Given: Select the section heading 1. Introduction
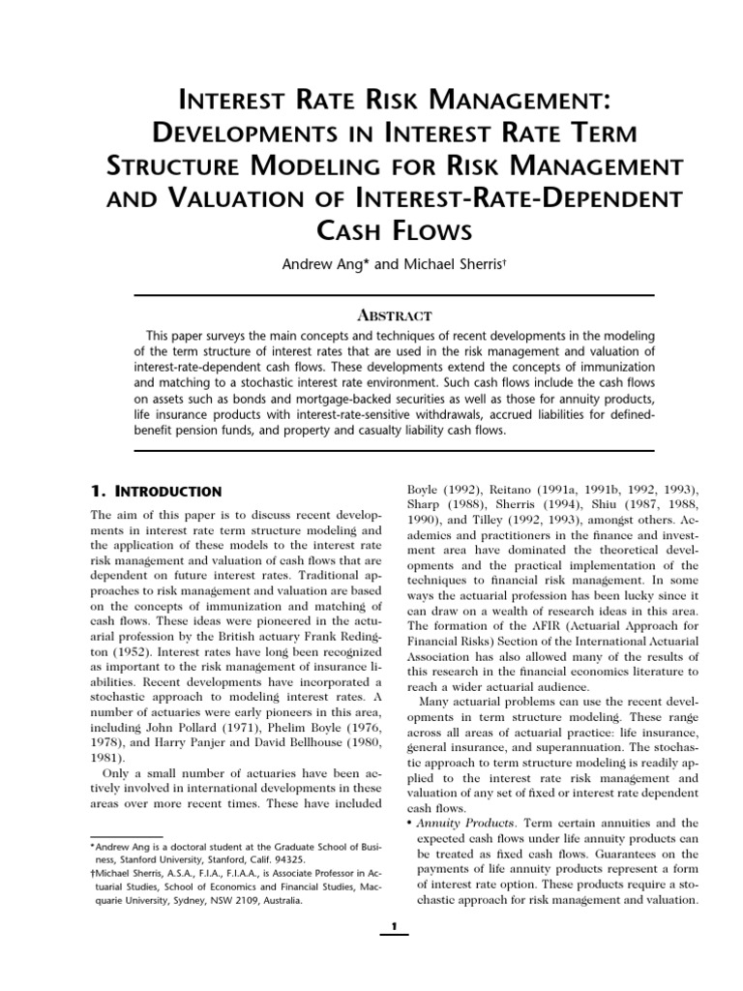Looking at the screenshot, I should pyautogui.click(x=156, y=492).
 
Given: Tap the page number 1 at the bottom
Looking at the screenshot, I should pyautogui.click(x=394, y=930).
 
